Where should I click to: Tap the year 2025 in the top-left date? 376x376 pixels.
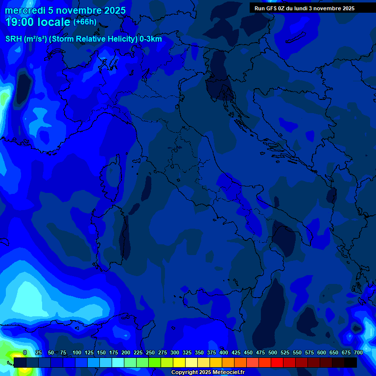pos(115,11)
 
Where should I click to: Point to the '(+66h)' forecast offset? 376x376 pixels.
pos(85,22)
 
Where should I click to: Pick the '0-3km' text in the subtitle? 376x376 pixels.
pos(151,39)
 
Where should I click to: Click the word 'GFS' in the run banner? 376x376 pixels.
pos(272,8)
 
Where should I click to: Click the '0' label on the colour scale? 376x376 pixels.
pos(25,352)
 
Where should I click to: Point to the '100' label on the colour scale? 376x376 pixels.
pos(77,352)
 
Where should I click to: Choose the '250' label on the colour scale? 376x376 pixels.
pos(150,352)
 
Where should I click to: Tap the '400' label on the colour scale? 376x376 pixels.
pos(224,352)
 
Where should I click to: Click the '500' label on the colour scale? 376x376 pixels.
pos(273,352)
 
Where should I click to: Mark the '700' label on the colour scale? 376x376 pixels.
pos(358,352)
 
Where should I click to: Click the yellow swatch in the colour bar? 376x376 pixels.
pos(179,362)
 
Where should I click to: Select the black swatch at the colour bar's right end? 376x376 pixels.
pos(351,362)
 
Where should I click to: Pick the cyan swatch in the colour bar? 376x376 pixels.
pos(117,362)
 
